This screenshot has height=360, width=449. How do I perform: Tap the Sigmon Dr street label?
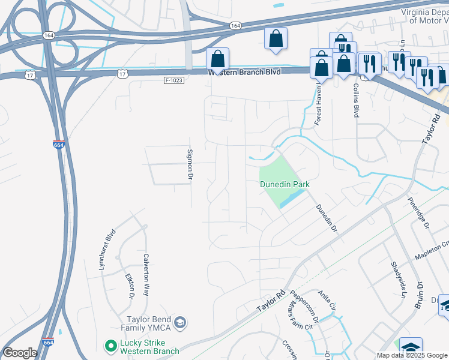pyautogui.click(x=190, y=165)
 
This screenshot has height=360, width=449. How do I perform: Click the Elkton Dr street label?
pyautogui.click(x=129, y=286)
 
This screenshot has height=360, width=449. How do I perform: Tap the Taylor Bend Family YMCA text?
pyautogui.click(x=149, y=323)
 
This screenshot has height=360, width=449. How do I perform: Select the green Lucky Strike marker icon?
pyautogui.click(x=110, y=345)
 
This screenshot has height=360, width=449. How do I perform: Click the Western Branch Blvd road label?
pyautogui.click(x=244, y=72)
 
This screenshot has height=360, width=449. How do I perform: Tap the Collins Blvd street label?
pyautogui.click(x=356, y=100)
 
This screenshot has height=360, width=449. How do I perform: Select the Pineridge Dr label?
pyautogui.click(x=419, y=213)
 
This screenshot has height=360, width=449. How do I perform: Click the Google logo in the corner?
pyautogui.click(x=20, y=353)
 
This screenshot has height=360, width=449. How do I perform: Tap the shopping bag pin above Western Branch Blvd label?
pyautogui.click(x=218, y=59)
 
